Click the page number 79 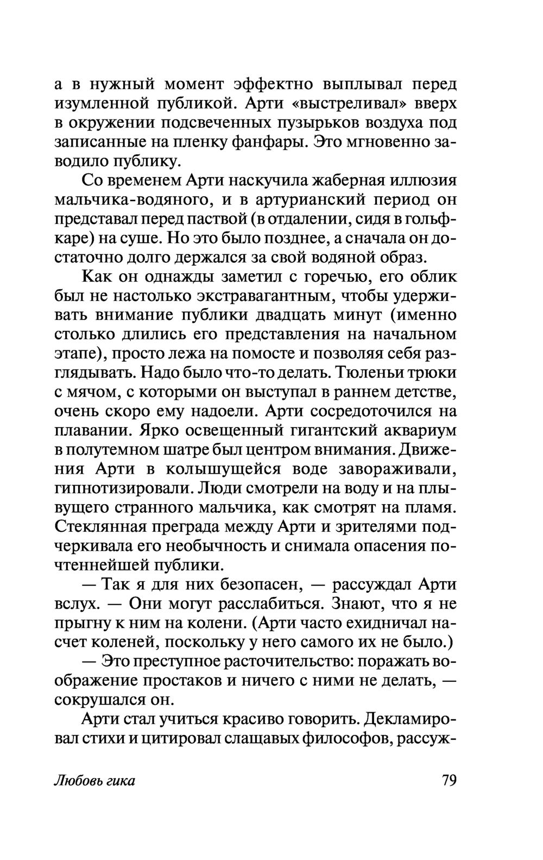(x=449, y=781)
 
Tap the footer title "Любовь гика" (x=94, y=781)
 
